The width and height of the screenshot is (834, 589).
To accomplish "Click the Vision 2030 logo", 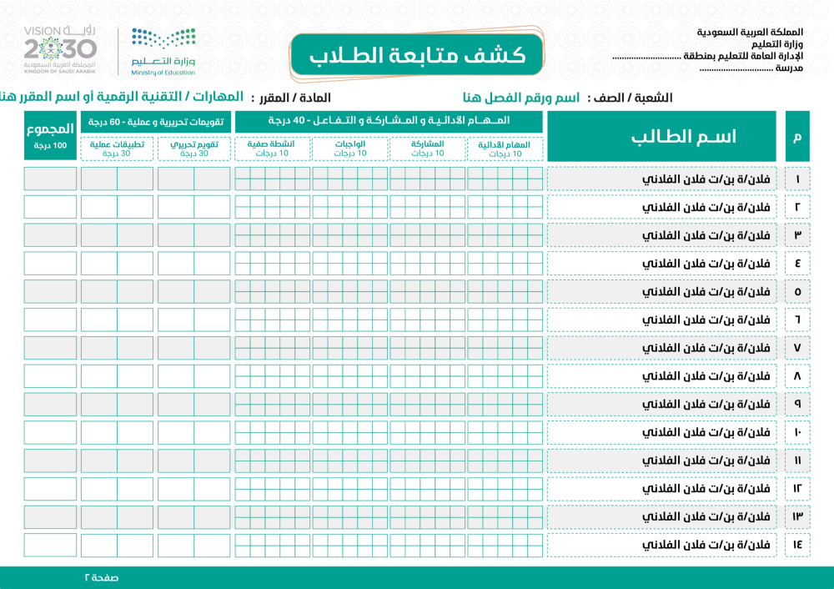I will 60,48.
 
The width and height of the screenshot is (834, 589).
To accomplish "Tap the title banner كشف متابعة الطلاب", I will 417,56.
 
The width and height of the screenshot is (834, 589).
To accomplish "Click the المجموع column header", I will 50,135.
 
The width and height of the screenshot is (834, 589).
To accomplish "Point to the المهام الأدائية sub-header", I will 505,149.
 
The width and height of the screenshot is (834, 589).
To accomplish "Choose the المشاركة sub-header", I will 428,149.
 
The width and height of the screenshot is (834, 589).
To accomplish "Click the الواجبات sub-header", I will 350,149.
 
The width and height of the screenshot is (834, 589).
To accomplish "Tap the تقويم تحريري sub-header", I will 193,149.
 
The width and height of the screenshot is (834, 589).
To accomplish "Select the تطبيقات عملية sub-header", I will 117,149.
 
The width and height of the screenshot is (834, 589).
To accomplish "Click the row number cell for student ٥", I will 797,291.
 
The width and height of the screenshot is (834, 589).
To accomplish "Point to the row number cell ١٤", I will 797,545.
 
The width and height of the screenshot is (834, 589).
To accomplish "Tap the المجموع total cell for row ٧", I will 50,348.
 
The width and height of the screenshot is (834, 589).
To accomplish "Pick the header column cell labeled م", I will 797,137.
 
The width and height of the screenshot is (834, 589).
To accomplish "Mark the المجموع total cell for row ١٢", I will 50,489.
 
